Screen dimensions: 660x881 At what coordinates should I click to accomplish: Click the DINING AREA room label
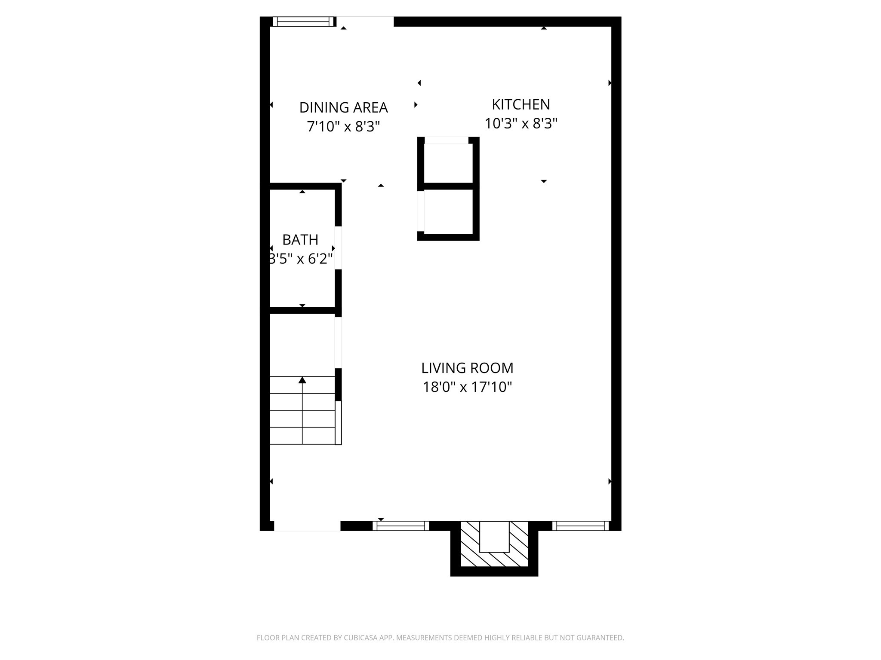coord(343,107)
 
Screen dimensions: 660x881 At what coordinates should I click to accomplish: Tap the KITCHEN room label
coord(521,104)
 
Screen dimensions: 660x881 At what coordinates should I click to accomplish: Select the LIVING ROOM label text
coord(467,368)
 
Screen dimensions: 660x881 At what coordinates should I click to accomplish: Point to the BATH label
coord(300,240)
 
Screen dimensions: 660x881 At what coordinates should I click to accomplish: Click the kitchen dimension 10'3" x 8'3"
coord(521,124)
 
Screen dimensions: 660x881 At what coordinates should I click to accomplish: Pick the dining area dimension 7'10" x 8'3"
coord(343,127)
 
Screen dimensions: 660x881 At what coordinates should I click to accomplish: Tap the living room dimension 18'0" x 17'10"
coord(467,388)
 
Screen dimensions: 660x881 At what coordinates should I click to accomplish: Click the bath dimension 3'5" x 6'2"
coord(300,259)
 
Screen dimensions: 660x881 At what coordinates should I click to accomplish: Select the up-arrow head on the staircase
coord(302,380)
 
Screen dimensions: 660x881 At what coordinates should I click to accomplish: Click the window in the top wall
coord(304,21)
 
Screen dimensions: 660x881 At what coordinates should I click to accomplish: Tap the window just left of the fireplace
coord(400,526)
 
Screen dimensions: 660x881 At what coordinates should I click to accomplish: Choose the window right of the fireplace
coord(581,526)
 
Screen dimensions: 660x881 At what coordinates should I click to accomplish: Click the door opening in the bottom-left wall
coord(307,526)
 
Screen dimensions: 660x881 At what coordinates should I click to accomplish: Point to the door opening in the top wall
coord(365,21)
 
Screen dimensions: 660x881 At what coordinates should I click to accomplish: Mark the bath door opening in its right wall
coord(339,248)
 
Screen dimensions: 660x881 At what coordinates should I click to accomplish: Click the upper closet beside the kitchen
coord(448,163)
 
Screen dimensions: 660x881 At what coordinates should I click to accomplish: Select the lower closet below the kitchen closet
coord(448,211)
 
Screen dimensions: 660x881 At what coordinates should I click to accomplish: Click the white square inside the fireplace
coord(494,536)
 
